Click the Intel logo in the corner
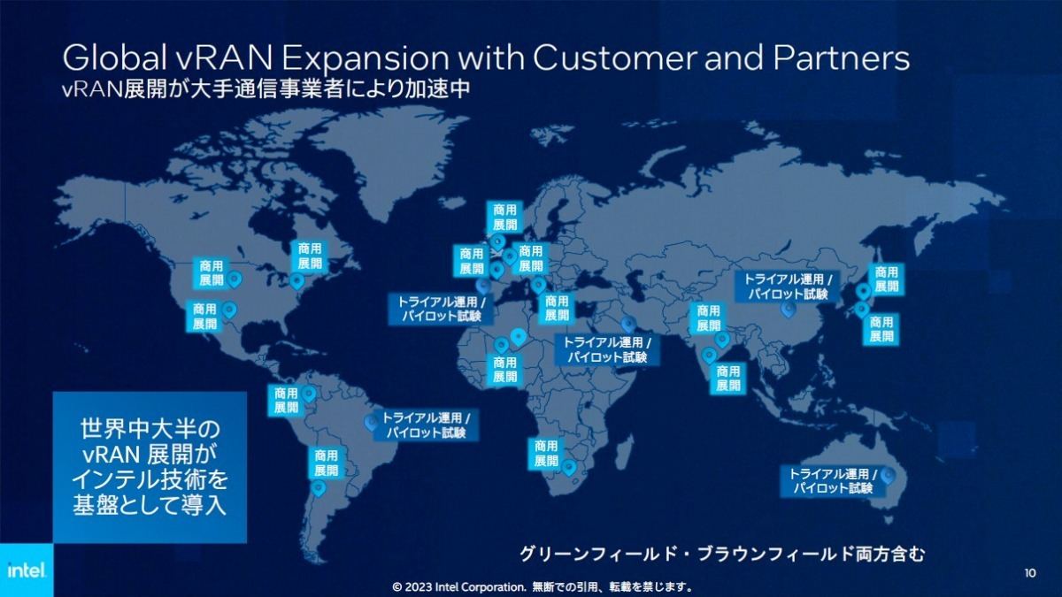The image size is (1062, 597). [27, 570]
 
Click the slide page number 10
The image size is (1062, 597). [1030, 573]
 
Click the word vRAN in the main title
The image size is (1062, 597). [227, 58]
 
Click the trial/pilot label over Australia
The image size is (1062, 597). [833, 481]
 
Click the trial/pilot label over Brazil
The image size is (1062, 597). [426, 425]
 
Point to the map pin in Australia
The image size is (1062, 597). [888, 475]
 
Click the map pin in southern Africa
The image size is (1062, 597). [568, 468]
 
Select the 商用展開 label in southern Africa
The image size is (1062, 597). [546, 454]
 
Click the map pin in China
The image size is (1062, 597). [788, 310]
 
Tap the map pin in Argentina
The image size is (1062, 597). [318, 487]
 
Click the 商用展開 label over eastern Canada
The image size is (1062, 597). [310, 256]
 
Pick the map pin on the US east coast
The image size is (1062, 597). [296, 281]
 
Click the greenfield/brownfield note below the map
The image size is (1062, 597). [722, 554]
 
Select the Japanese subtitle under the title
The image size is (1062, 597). [266, 88]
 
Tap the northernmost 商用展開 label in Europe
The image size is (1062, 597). [505, 217]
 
